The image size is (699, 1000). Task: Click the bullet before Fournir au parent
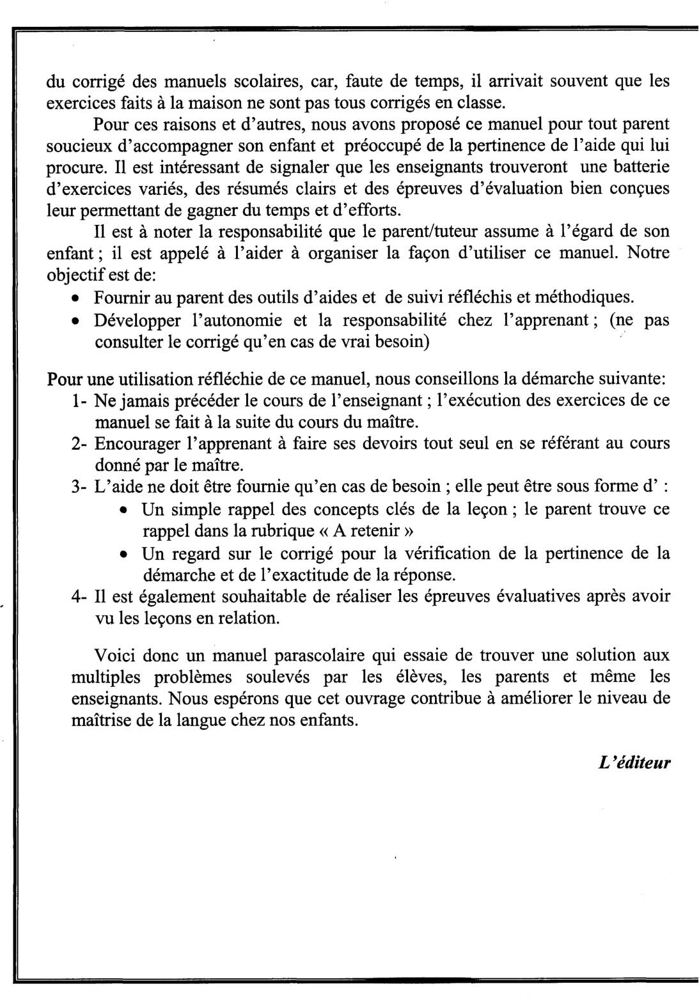[76, 298]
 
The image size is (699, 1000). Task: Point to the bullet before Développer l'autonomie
[76, 321]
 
